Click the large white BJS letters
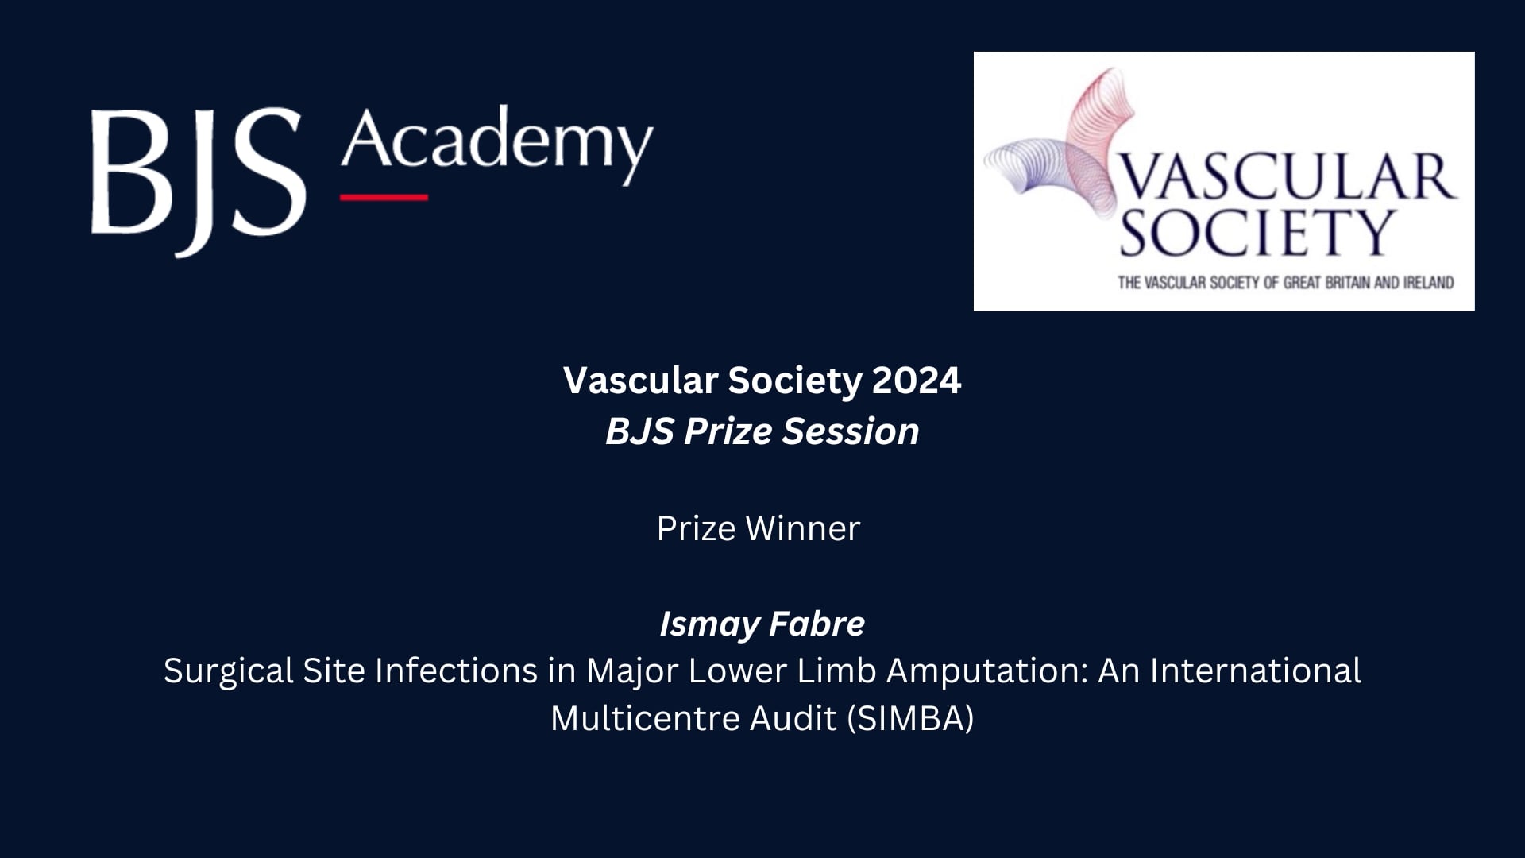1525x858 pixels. click(x=199, y=181)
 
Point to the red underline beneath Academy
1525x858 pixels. click(x=384, y=197)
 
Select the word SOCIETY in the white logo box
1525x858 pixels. click(x=1257, y=232)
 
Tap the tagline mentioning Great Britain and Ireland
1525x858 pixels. click(x=1286, y=282)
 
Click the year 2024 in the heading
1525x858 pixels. click(x=917, y=381)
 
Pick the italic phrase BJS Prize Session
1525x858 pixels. click(x=762, y=431)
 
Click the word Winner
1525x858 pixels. click(x=803, y=529)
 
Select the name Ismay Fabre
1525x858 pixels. click(x=762, y=624)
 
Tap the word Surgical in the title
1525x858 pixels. click(x=229, y=672)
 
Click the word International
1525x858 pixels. click(x=1256, y=671)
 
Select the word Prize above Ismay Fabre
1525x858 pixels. click(x=696, y=529)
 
